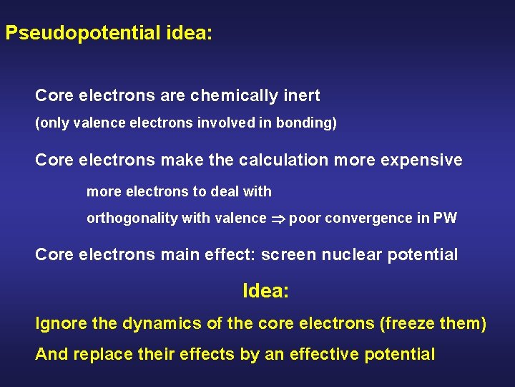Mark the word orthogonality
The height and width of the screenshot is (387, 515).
coord(132,219)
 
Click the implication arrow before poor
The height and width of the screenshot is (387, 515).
coord(278,219)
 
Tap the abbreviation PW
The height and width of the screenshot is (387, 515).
coord(445,219)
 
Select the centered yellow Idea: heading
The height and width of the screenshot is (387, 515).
coord(266,291)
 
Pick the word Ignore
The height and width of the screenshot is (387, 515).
coord(62,324)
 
